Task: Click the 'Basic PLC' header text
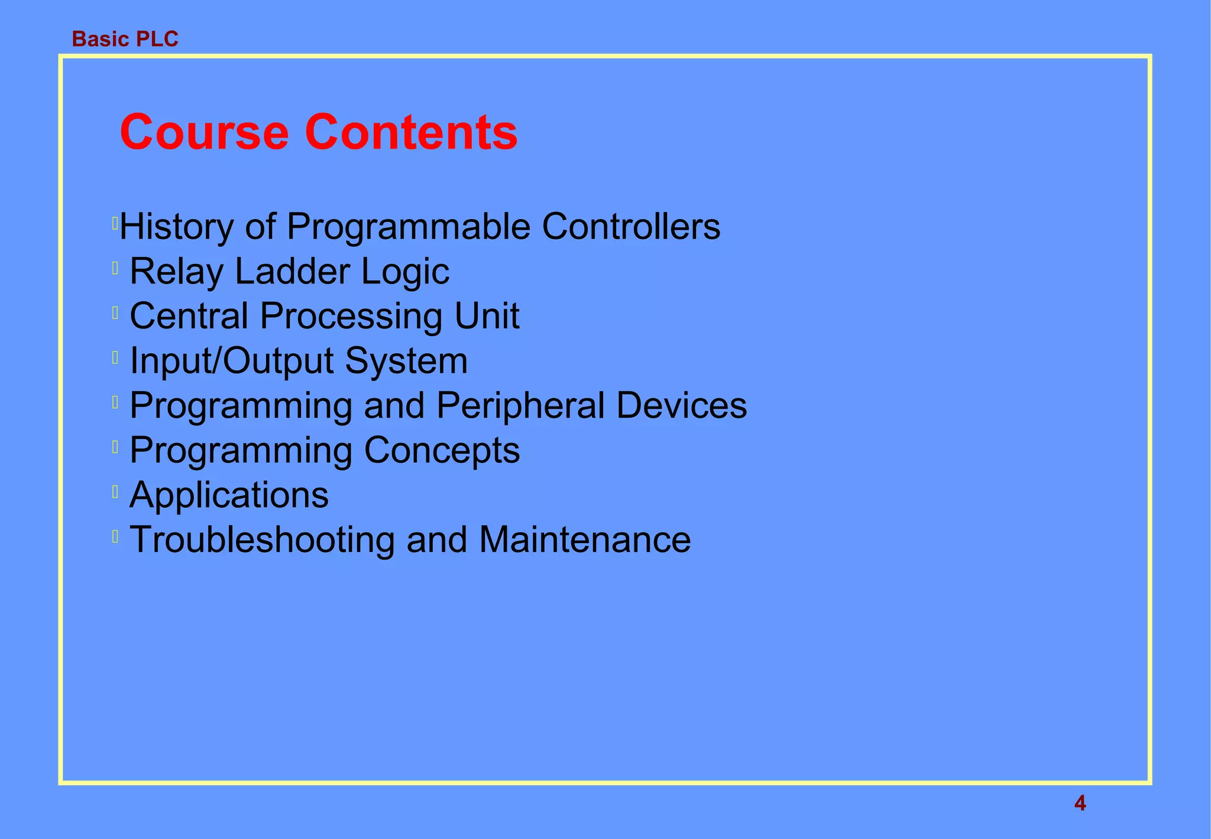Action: click(x=125, y=39)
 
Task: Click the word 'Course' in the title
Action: click(x=204, y=132)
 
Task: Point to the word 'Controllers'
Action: click(x=631, y=227)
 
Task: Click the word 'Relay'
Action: click(x=176, y=272)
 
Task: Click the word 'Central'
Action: click(x=189, y=316)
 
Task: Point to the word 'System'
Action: click(x=406, y=361)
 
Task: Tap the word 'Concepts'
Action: click(x=442, y=451)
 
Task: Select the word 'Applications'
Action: click(x=229, y=496)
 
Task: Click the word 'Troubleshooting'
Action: click(x=261, y=540)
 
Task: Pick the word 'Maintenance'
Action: click(x=584, y=540)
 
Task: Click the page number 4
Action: click(x=1080, y=803)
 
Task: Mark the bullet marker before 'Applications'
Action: click(x=115, y=491)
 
